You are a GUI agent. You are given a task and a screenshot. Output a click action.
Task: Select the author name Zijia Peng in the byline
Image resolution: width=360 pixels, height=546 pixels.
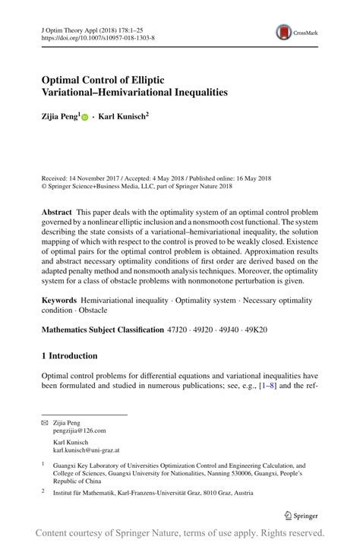pos(59,118)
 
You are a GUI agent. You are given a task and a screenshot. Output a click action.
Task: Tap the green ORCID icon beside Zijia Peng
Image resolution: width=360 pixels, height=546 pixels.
pos(85,118)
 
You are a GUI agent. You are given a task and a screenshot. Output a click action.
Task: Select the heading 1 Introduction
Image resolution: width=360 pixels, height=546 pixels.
pos(69,355)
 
